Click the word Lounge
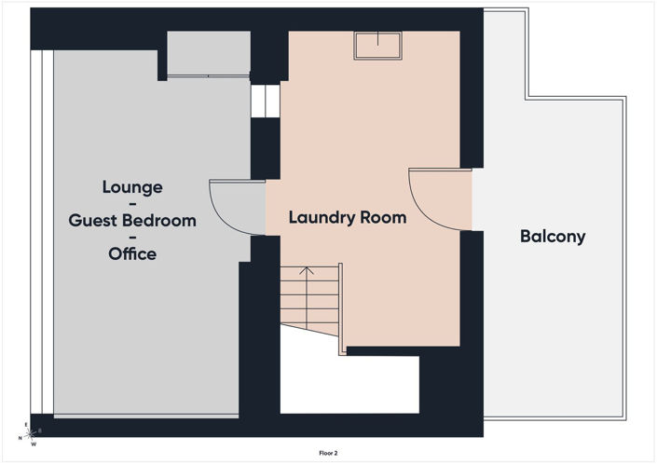pos(132,187)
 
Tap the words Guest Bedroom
pos(132,220)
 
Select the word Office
pos(132,253)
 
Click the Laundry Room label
pos(348,218)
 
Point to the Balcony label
pos(553,237)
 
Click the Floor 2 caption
pos(328,453)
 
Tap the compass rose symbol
pos(30,434)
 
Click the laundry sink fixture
pos(378,46)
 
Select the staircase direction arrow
pos(307,298)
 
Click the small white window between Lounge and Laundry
pos(266,101)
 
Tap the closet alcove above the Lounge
pos(209,54)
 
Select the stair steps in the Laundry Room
pos(309,299)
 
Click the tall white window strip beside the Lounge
pos(42,232)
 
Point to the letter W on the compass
pos(34,444)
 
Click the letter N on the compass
pos(20,439)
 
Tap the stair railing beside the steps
pos(341,309)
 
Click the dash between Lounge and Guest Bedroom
pos(132,204)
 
